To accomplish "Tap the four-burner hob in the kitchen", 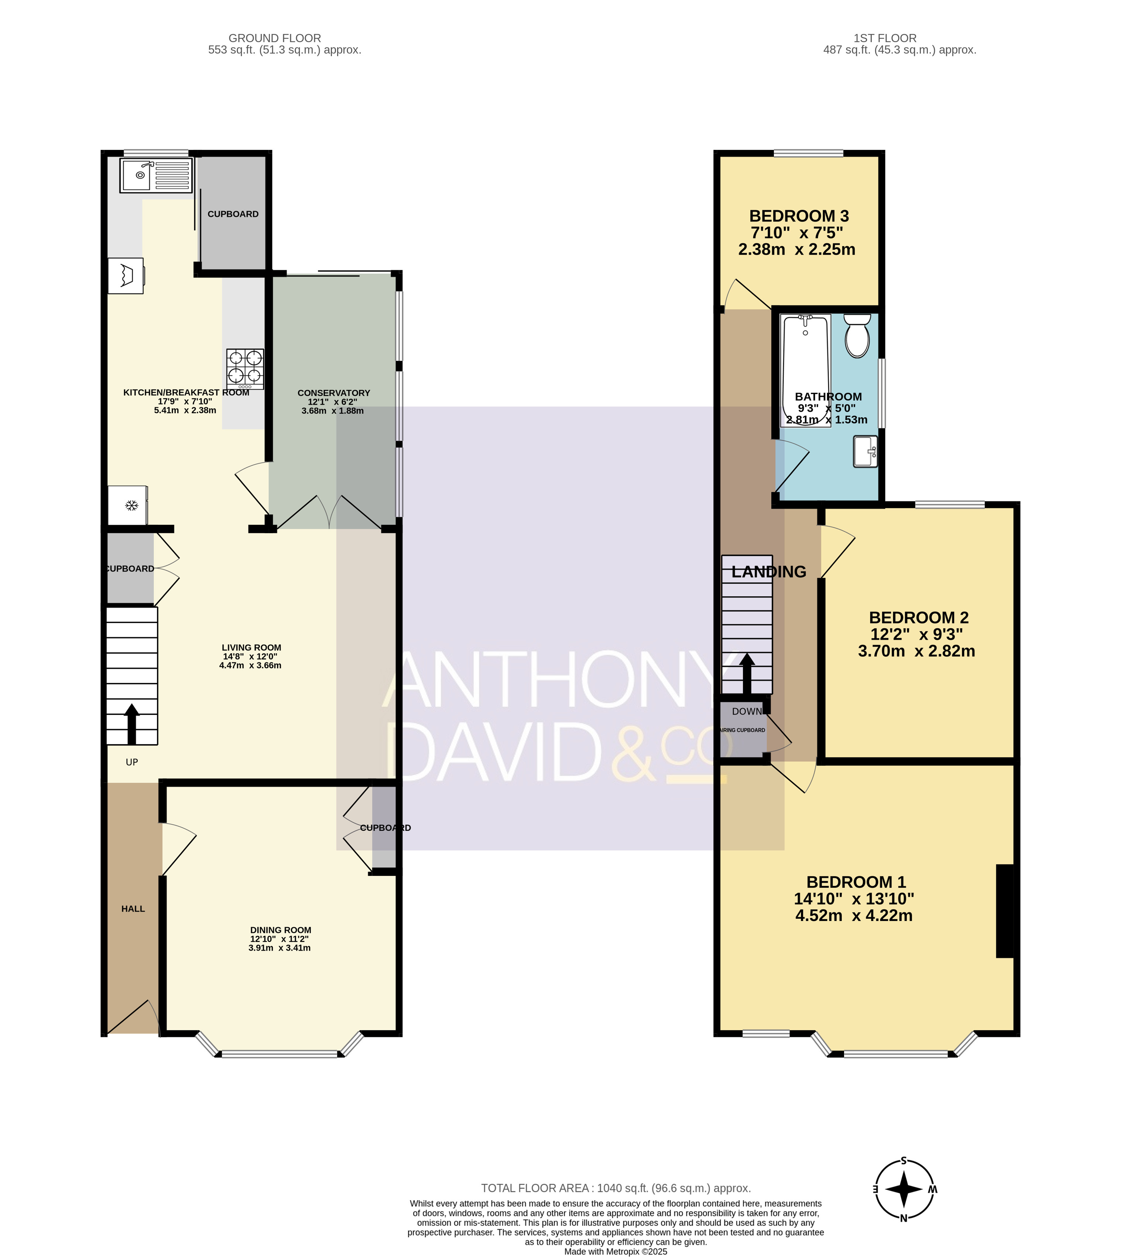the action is (x=245, y=369).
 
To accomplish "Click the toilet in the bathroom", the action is (x=857, y=336).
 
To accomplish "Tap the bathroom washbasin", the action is (x=865, y=452).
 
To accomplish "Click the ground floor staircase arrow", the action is (x=132, y=724).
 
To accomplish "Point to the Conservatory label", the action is (x=333, y=401).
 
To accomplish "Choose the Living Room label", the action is (x=251, y=657).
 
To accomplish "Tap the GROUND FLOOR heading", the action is (x=275, y=38).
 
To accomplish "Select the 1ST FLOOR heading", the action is (x=885, y=38).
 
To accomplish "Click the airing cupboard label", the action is (x=743, y=730).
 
